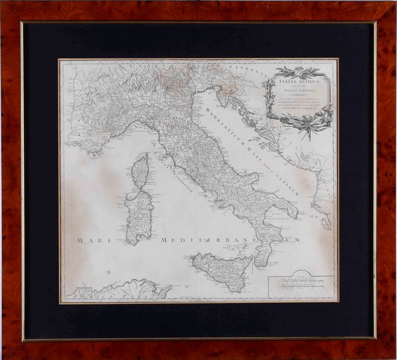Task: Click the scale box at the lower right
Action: coord(301,287)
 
